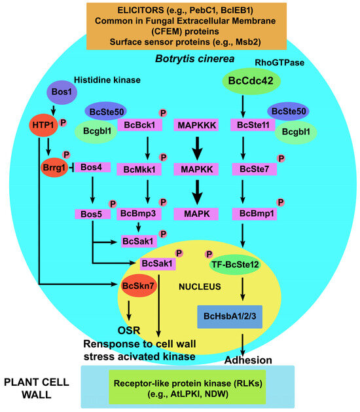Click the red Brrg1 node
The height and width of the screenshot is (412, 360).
point(54,168)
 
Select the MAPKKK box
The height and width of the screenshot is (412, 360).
point(196,124)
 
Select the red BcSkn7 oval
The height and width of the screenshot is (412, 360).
point(138,285)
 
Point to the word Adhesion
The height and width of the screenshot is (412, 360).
point(248,360)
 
